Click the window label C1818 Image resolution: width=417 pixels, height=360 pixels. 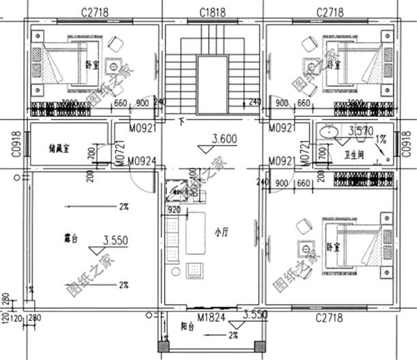213,12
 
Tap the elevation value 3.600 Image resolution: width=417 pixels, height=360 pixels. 224,139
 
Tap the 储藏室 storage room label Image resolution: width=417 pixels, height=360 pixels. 60,146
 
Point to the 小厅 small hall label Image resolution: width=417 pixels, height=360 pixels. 220,232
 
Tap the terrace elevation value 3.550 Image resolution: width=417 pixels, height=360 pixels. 116,240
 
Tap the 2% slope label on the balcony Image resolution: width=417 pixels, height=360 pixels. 234,335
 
